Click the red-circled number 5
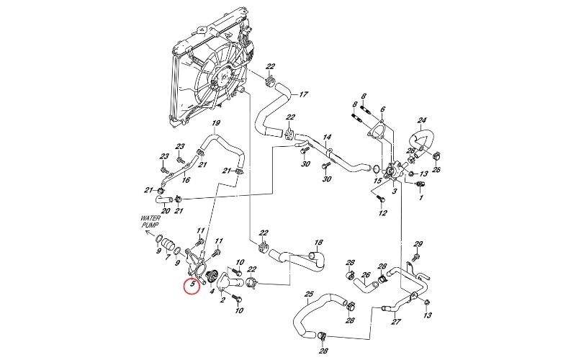pos(192,286)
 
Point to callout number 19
pos(215,123)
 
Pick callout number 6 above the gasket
pos(383,109)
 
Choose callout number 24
pos(422,120)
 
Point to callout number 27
pos(395,323)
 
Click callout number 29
pos(418,243)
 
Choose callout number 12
pos(382,213)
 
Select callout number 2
pos(223,300)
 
